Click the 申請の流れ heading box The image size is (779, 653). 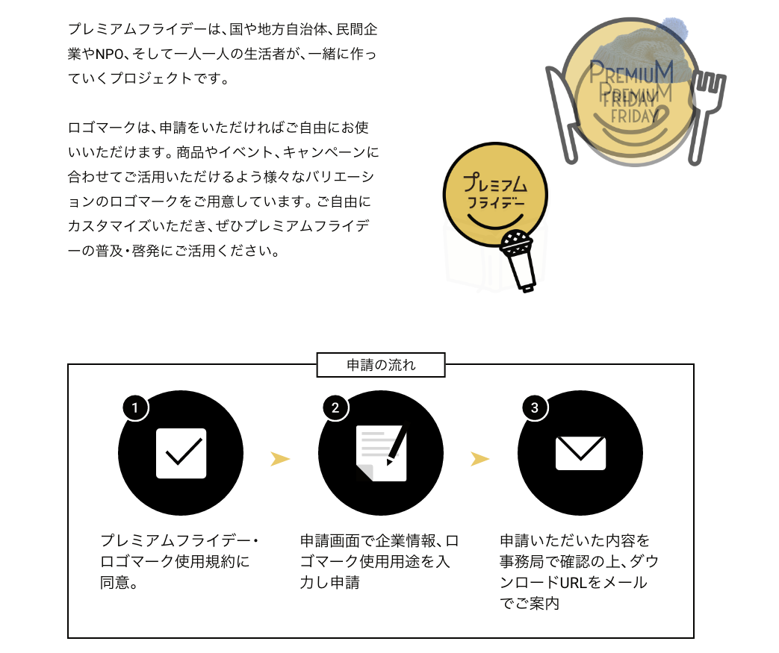[381, 365]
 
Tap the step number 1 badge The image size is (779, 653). [135, 407]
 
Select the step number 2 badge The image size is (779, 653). [335, 407]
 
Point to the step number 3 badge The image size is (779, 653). [535, 407]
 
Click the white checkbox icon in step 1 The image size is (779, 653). [181, 454]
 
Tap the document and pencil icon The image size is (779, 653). [382, 452]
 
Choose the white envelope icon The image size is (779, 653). [580, 453]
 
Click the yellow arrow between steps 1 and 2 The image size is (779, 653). [279, 459]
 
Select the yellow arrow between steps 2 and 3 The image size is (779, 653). [480, 459]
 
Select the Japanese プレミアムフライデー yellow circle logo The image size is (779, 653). [495, 194]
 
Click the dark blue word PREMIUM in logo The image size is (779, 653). [631, 72]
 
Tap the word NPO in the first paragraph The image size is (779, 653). [109, 54]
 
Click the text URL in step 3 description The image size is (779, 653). [574, 583]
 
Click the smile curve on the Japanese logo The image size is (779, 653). [495, 221]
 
